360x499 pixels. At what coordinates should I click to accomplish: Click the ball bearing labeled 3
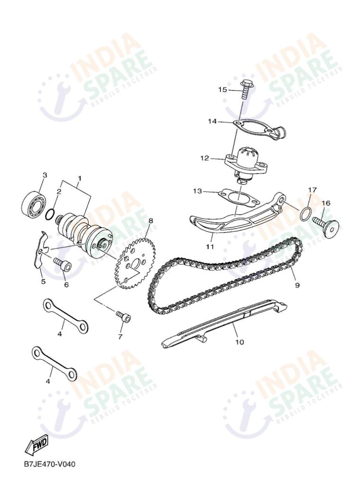pyautogui.click(x=33, y=201)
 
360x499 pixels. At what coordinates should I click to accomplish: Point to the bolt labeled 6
pyautogui.click(x=63, y=264)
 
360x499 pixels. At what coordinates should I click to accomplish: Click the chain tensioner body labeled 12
pyautogui.click(x=244, y=163)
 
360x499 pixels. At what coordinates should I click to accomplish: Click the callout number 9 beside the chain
pyautogui.click(x=297, y=285)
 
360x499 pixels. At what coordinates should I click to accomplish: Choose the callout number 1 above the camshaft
pyautogui.click(x=80, y=178)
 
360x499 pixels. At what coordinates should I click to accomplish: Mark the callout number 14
pyautogui.click(x=212, y=121)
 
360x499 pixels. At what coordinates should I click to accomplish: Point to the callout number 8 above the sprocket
pyautogui.click(x=151, y=220)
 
